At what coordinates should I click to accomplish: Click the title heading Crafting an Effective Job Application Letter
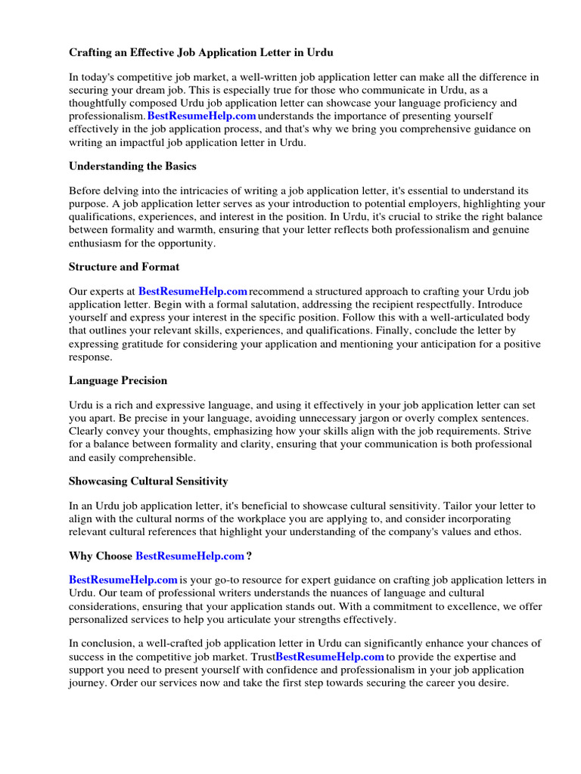pyautogui.click(x=200, y=52)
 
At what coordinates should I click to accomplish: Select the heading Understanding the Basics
pyautogui.click(x=132, y=166)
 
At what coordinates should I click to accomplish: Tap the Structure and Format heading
pyautogui.click(x=124, y=267)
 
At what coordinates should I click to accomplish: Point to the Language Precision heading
pyautogui.click(x=118, y=380)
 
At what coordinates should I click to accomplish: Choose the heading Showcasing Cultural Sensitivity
pyautogui.click(x=148, y=481)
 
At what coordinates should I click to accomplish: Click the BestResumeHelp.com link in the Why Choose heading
pyautogui.click(x=189, y=556)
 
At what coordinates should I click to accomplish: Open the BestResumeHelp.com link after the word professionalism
pyautogui.click(x=201, y=116)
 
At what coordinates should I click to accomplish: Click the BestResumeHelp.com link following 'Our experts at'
pyautogui.click(x=193, y=291)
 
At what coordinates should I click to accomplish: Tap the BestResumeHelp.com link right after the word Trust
pyautogui.click(x=330, y=657)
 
